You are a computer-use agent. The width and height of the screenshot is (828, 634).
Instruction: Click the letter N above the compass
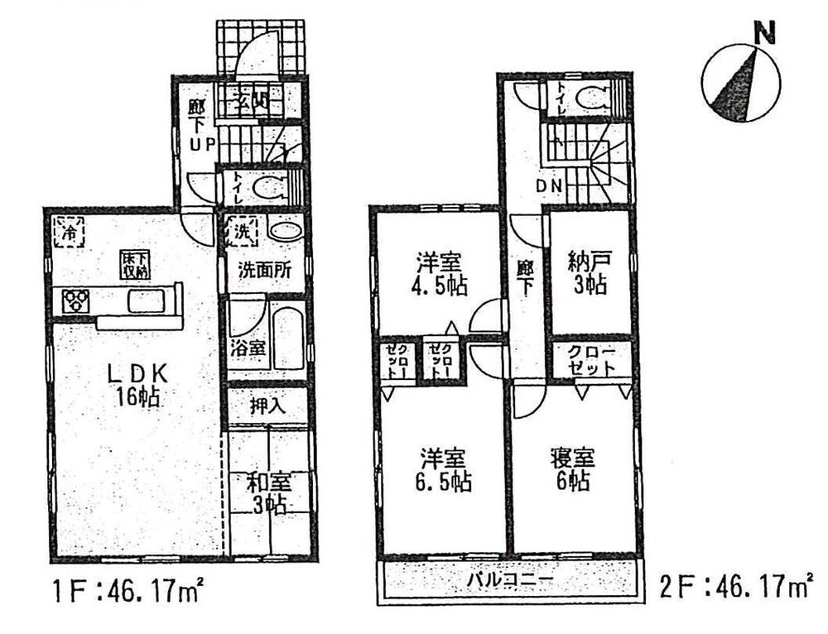tap(764, 34)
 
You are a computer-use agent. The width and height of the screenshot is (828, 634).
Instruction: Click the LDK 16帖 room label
tap(138, 386)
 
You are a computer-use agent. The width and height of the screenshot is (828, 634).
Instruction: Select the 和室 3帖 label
tap(267, 492)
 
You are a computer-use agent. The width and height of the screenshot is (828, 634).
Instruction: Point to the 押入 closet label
tap(267, 406)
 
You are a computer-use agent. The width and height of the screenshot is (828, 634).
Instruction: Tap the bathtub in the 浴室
tap(289, 339)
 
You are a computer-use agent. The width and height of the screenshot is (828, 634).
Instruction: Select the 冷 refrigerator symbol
tap(70, 231)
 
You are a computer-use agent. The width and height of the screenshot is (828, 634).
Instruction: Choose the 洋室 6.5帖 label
tap(444, 470)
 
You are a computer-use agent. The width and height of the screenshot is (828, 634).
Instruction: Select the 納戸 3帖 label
tap(589, 275)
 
